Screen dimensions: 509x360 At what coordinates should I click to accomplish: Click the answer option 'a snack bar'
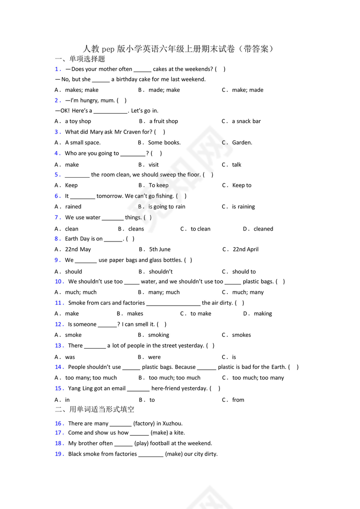[x=246, y=121]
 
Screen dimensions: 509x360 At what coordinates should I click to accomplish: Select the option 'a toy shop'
[x=78, y=121]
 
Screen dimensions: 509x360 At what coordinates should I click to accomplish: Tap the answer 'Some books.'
[x=164, y=143]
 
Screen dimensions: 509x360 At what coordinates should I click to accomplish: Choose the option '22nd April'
[x=245, y=249]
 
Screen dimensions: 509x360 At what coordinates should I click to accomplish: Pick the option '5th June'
[x=160, y=249]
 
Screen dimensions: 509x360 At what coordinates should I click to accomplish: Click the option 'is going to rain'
[x=167, y=207]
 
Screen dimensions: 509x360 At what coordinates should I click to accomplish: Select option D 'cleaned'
[x=263, y=229]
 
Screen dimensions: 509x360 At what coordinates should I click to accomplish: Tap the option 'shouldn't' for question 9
[x=161, y=272]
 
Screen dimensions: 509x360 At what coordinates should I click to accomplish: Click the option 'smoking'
[x=159, y=335]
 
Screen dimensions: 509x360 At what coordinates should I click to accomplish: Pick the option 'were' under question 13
[x=154, y=357]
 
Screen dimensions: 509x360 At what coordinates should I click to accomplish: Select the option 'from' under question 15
[x=238, y=400]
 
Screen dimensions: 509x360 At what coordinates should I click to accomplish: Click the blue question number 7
[x=57, y=218]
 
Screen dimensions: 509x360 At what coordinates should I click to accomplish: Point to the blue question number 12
[x=59, y=324]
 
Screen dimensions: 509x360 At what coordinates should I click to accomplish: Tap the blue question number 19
[x=59, y=454]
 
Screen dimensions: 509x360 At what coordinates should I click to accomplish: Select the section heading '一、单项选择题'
[x=80, y=59]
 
